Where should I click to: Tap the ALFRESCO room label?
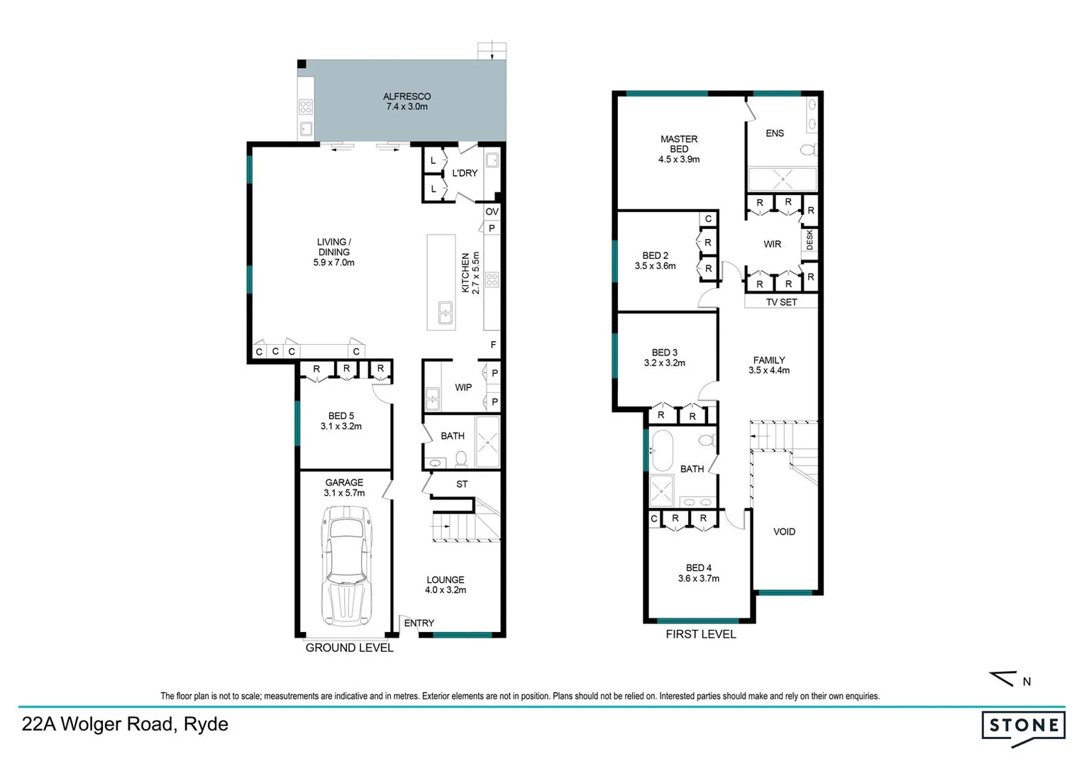click(406, 96)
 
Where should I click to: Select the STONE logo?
click(1023, 726)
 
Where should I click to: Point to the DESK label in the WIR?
click(809, 240)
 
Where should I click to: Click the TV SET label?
click(781, 302)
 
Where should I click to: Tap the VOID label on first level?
click(784, 531)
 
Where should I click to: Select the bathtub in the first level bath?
click(662, 450)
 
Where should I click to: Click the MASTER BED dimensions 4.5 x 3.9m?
click(679, 160)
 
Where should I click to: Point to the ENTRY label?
click(419, 623)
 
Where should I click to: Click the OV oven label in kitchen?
click(492, 211)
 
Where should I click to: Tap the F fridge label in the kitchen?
click(493, 345)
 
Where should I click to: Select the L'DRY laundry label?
click(465, 173)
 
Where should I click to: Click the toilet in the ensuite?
click(807, 150)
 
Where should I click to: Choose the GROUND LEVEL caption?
click(349, 648)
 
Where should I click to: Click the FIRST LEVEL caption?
click(700, 634)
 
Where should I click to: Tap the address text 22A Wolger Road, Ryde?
click(125, 724)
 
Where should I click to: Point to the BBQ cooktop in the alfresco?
click(306, 107)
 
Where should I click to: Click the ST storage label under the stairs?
click(462, 484)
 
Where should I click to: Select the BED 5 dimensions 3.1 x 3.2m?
click(341, 426)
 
